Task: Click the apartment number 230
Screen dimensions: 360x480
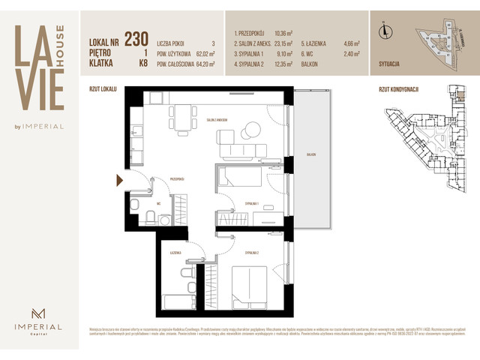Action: [136, 39]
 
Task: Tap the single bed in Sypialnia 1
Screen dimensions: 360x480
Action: [239, 177]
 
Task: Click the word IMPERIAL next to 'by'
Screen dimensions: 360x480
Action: [49, 126]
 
